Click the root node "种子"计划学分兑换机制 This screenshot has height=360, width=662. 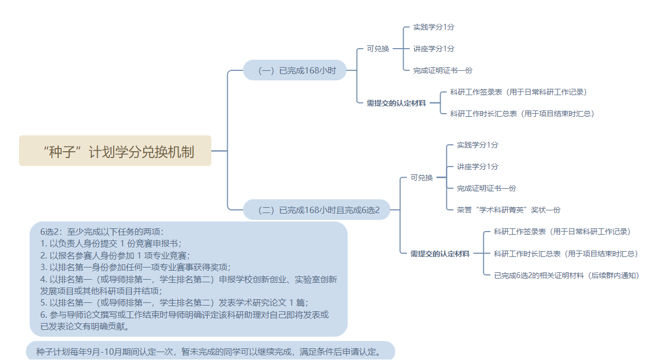tap(115, 151)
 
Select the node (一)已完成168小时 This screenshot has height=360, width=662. tap(295, 70)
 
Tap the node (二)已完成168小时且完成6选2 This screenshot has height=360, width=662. tap(319, 210)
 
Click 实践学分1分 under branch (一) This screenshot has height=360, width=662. tap(433, 27)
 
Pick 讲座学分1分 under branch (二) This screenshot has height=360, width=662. tap(477, 167)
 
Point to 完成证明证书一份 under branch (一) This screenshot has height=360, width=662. tap(442, 70)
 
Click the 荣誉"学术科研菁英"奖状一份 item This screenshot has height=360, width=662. tap(508, 210)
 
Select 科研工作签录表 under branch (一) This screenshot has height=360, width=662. tap(518, 92)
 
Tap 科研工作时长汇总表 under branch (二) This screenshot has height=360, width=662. tap(566, 254)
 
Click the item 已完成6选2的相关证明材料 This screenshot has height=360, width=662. tap(566, 275)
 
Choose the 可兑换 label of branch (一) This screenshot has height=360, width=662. tap(378, 49)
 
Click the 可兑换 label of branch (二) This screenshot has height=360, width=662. tap(422, 178)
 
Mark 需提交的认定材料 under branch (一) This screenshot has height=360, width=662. tap(396, 103)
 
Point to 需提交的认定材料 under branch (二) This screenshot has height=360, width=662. tap(440, 254)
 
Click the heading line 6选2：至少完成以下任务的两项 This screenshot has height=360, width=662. tap(102, 232)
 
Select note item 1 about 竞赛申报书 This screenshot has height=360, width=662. tap(111, 243)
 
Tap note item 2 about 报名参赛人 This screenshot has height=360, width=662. tap(115, 255)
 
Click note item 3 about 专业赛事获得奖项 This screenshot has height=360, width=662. tap(135, 266)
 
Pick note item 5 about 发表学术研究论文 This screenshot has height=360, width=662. tap(174, 302)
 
